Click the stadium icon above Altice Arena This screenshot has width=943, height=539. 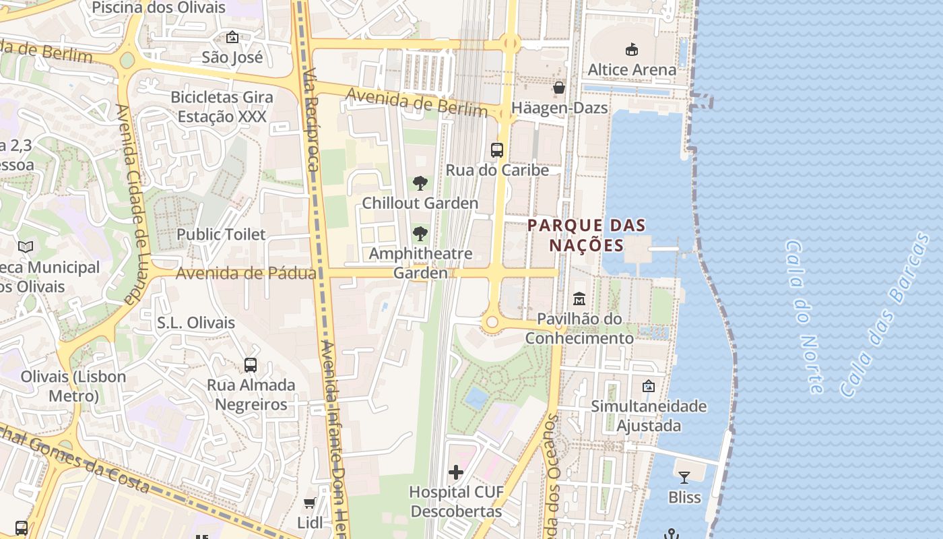coord(631,49)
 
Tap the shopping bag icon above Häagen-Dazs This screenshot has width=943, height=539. coord(558,88)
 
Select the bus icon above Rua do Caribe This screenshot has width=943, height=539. coord(497,150)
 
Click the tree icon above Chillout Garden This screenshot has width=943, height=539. coord(420,183)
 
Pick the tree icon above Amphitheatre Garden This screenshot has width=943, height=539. coord(420,234)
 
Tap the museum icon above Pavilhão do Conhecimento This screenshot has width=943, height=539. coord(579,298)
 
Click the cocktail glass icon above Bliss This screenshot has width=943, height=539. coord(684,478)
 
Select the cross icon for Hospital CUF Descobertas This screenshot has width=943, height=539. coord(456,472)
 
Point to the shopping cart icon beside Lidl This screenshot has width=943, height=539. coord(310,503)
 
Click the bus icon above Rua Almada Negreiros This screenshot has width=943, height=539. coord(251,365)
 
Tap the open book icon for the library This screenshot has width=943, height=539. coord(26,247)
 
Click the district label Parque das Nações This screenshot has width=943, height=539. coord(587,234)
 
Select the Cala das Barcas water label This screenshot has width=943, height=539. coord(884,315)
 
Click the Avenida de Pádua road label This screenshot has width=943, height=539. coord(246,274)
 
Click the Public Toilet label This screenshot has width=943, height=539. coord(221,234)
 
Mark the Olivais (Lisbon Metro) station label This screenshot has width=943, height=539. coord(73,386)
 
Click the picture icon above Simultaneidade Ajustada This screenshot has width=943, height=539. coord(648,386)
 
